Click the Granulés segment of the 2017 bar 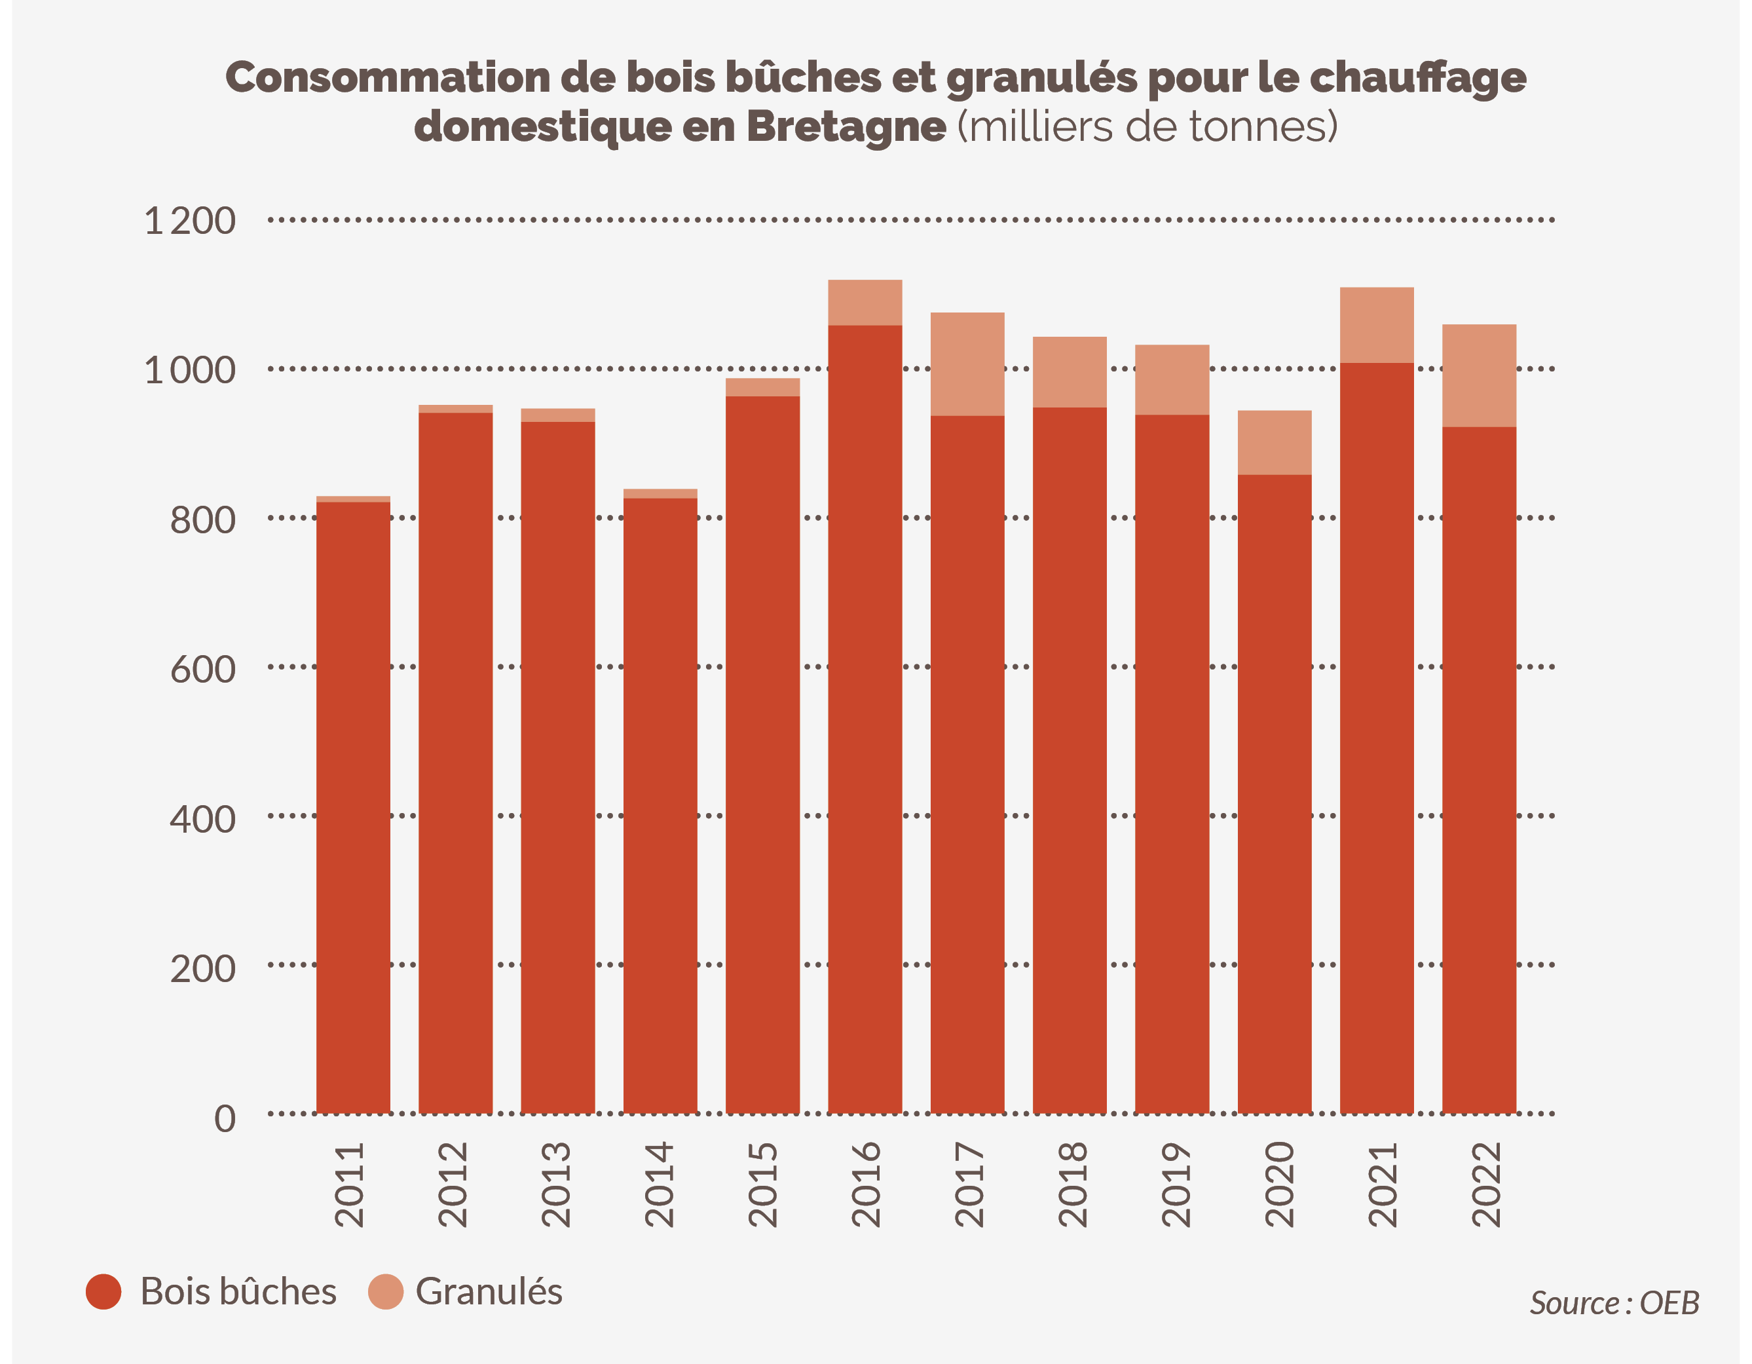pos(967,364)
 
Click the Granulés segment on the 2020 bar pos(1274,442)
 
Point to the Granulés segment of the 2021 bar pos(1377,324)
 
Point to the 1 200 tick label pos(189,221)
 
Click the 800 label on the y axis pos(202,520)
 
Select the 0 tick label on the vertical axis pos(225,1118)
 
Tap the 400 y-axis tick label pos(202,818)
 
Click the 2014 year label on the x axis pos(660,1184)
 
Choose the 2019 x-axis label pos(1176,1184)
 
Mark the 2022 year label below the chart pos(1485,1184)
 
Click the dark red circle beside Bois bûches pos(103,1291)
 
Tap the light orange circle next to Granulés pos(385,1291)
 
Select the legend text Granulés pos(489,1291)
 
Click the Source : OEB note pos(1613,1303)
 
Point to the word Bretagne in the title pos(846,126)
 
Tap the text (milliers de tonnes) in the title pos(1147,126)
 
